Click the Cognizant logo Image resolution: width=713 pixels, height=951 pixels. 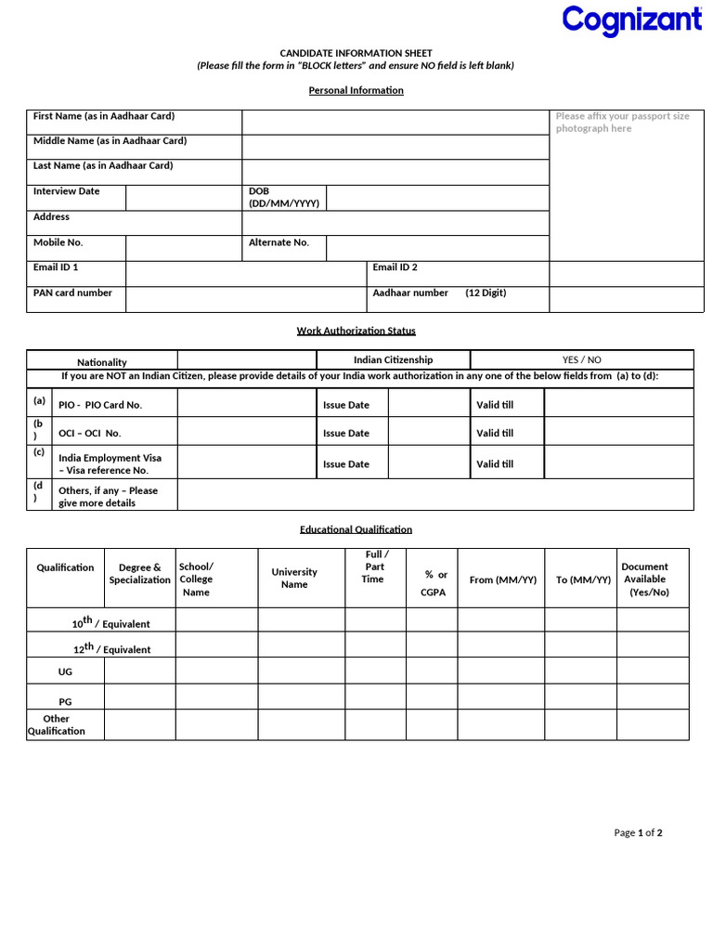click(631, 20)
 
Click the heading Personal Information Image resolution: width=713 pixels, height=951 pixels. click(356, 90)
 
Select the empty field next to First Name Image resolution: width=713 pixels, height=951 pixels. click(395, 122)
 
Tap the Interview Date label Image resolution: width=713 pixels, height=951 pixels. click(67, 191)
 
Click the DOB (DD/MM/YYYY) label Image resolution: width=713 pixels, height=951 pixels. click(284, 197)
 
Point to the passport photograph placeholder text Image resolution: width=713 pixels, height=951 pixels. click(623, 123)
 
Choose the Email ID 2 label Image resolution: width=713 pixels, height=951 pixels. click(395, 267)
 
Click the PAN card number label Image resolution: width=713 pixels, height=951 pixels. click(72, 293)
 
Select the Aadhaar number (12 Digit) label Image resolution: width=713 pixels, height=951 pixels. click(439, 293)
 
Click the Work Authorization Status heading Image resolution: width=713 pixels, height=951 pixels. click(356, 331)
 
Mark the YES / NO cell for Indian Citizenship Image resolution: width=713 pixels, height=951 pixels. click(581, 359)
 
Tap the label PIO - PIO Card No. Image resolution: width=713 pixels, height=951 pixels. click(100, 406)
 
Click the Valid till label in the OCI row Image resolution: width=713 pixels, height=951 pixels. click(495, 433)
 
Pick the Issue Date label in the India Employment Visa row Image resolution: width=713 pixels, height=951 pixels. click(346, 464)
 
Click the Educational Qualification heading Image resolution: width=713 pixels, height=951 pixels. click(356, 529)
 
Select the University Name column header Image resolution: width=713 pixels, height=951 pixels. click(294, 578)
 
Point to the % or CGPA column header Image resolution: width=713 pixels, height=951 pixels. click(434, 583)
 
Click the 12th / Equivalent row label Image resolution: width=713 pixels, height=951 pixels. click(111, 649)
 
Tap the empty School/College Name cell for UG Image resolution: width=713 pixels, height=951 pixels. click(216, 671)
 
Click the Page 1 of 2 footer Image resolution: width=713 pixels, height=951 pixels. click(638, 833)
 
